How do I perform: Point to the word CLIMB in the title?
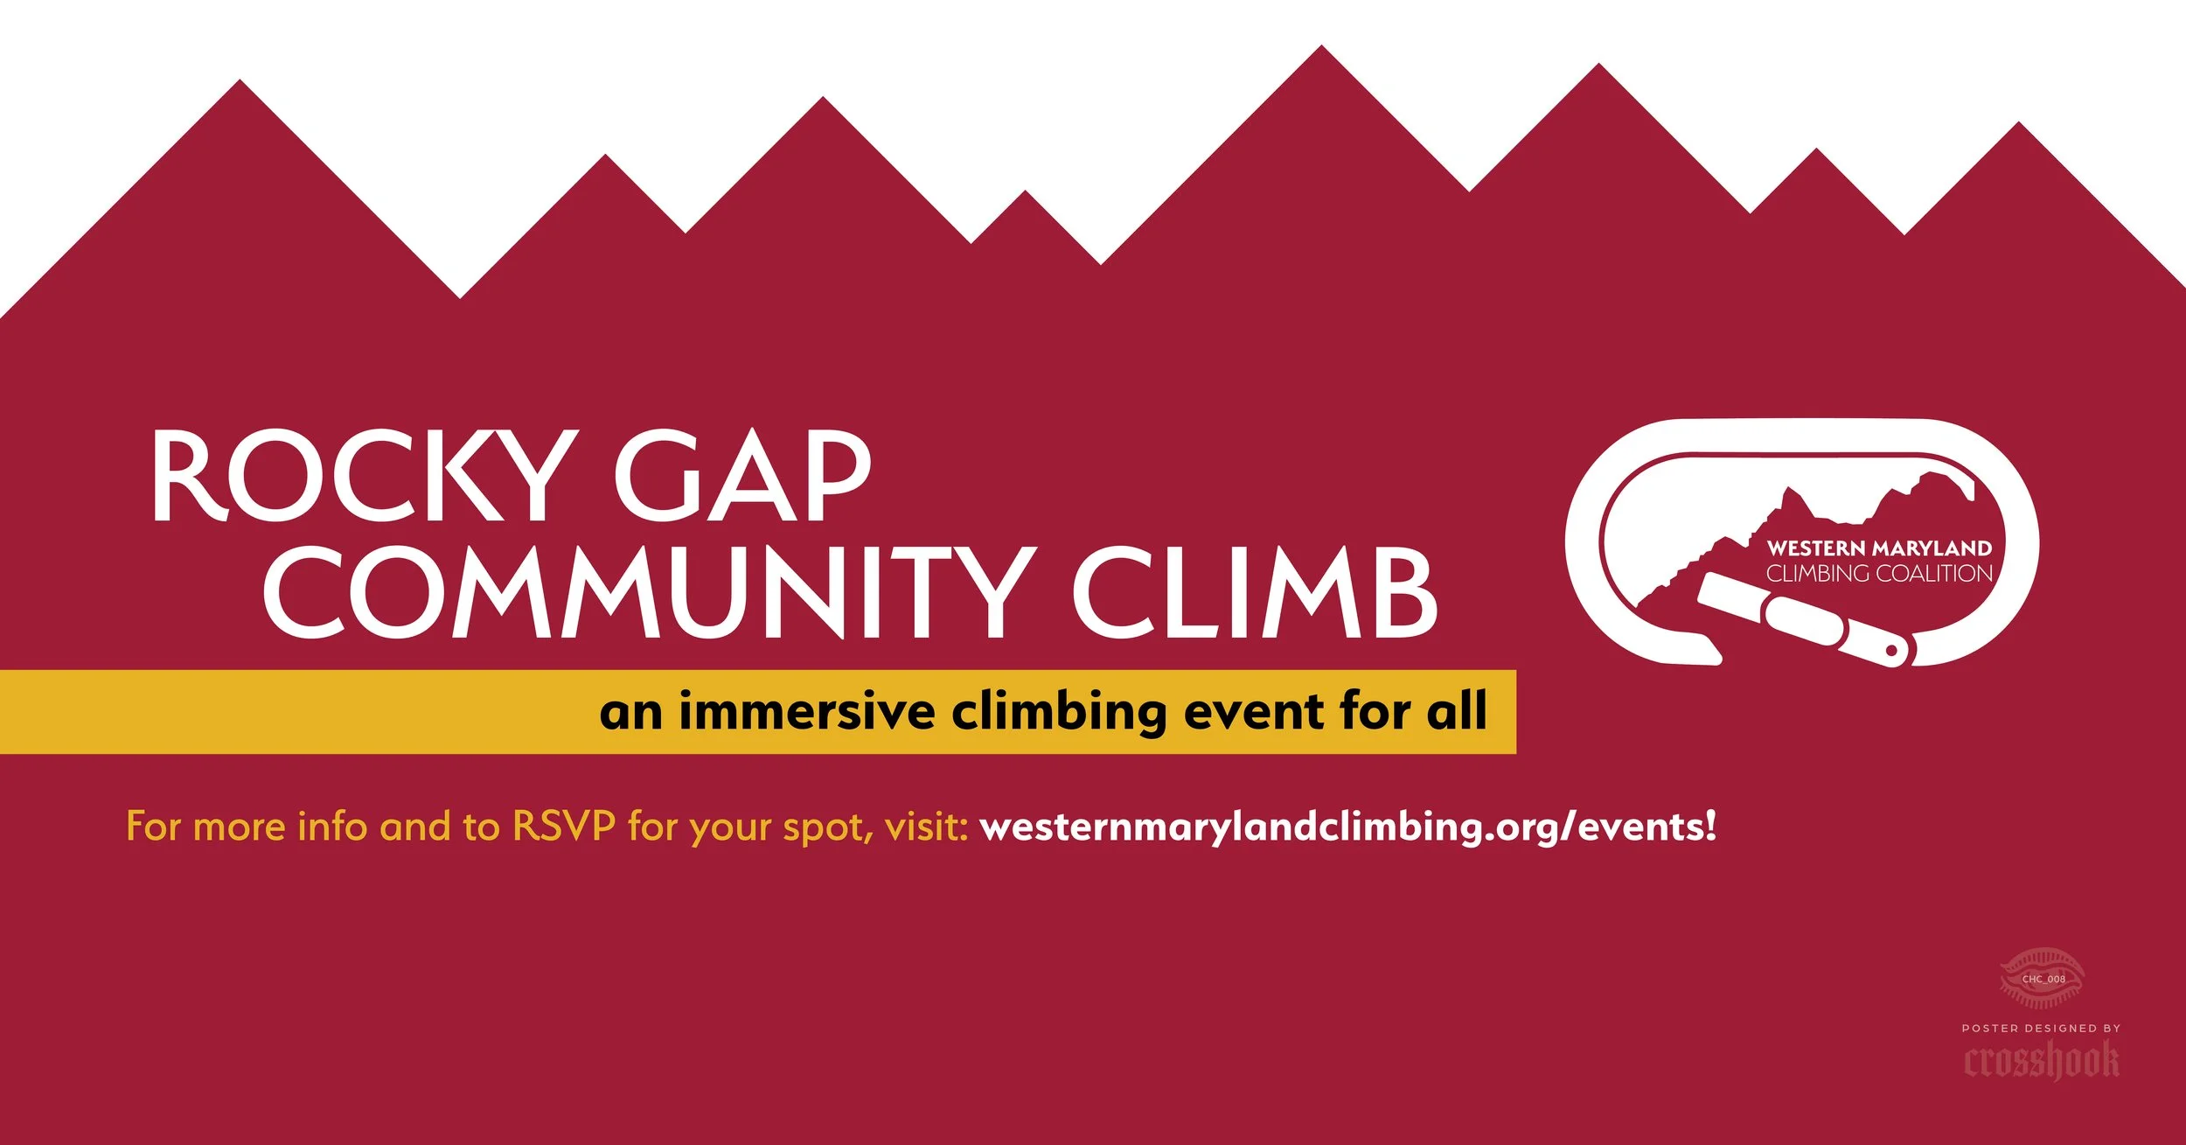click(1256, 591)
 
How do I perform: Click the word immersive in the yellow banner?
click(807, 710)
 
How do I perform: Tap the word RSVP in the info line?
click(564, 826)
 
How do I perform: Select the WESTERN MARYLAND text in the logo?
click(1879, 548)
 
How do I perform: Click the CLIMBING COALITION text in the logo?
click(1879, 574)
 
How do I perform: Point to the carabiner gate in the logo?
click(1806, 620)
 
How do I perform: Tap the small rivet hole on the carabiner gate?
click(1891, 650)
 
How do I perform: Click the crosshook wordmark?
click(2042, 1061)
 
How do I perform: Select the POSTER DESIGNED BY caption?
click(2041, 1028)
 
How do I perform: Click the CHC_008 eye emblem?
click(2043, 978)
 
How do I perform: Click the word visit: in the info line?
click(926, 826)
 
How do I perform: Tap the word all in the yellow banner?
click(1458, 710)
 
